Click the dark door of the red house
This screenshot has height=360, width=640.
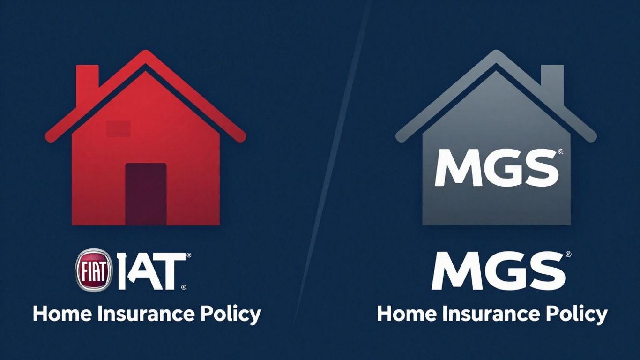[146, 194]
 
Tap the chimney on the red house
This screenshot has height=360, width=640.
[87, 77]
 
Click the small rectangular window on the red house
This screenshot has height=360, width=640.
[118, 128]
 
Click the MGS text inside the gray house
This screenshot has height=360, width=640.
[496, 167]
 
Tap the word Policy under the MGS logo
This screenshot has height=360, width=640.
[576, 314]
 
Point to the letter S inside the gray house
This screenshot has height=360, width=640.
[543, 167]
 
